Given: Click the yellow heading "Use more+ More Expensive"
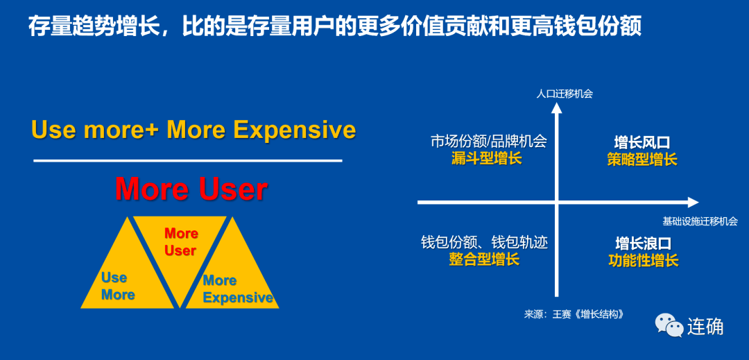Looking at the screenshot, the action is coord(193,130).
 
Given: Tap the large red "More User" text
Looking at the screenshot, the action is coord(191,189).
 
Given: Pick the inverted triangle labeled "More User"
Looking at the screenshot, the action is coord(180,253).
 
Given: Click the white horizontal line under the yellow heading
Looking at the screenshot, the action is coord(188,161).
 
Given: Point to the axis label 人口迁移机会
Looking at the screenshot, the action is coord(564,94).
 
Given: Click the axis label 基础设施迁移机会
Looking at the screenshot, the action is coord(700,221).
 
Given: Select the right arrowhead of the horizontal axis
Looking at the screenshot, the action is coord(693,203).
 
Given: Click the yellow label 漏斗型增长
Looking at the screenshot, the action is coord(487,159).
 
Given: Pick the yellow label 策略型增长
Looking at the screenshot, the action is coord(642,159).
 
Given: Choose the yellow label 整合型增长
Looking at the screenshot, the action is coord(484,259).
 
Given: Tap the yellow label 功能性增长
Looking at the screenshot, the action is coord(644,261).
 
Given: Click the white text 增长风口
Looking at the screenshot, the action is coord(642,142).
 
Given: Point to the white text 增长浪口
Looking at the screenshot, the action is coord(644,243).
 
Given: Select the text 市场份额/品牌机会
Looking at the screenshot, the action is coord(488,142).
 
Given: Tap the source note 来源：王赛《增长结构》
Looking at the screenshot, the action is coord(574,315).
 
